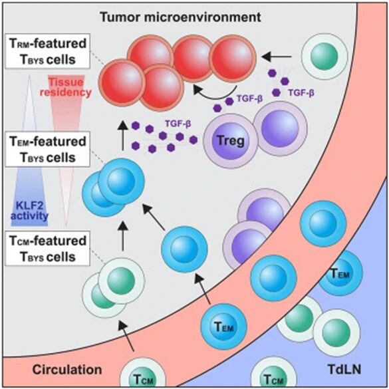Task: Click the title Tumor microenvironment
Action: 180,17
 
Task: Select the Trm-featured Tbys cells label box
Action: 47,51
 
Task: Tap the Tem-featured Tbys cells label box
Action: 47,149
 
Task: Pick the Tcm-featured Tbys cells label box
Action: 47,248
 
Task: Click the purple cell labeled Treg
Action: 231,141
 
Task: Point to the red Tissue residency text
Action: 66,87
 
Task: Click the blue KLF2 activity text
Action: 29,210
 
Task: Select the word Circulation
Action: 67,370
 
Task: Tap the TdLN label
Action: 344,370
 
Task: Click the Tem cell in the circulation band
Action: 224,326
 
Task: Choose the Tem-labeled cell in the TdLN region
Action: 340,273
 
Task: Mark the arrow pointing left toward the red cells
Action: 277,57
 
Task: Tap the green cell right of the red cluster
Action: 324,55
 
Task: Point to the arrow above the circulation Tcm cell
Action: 126,335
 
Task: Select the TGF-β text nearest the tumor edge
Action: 301,93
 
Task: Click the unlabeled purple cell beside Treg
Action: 281,128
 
